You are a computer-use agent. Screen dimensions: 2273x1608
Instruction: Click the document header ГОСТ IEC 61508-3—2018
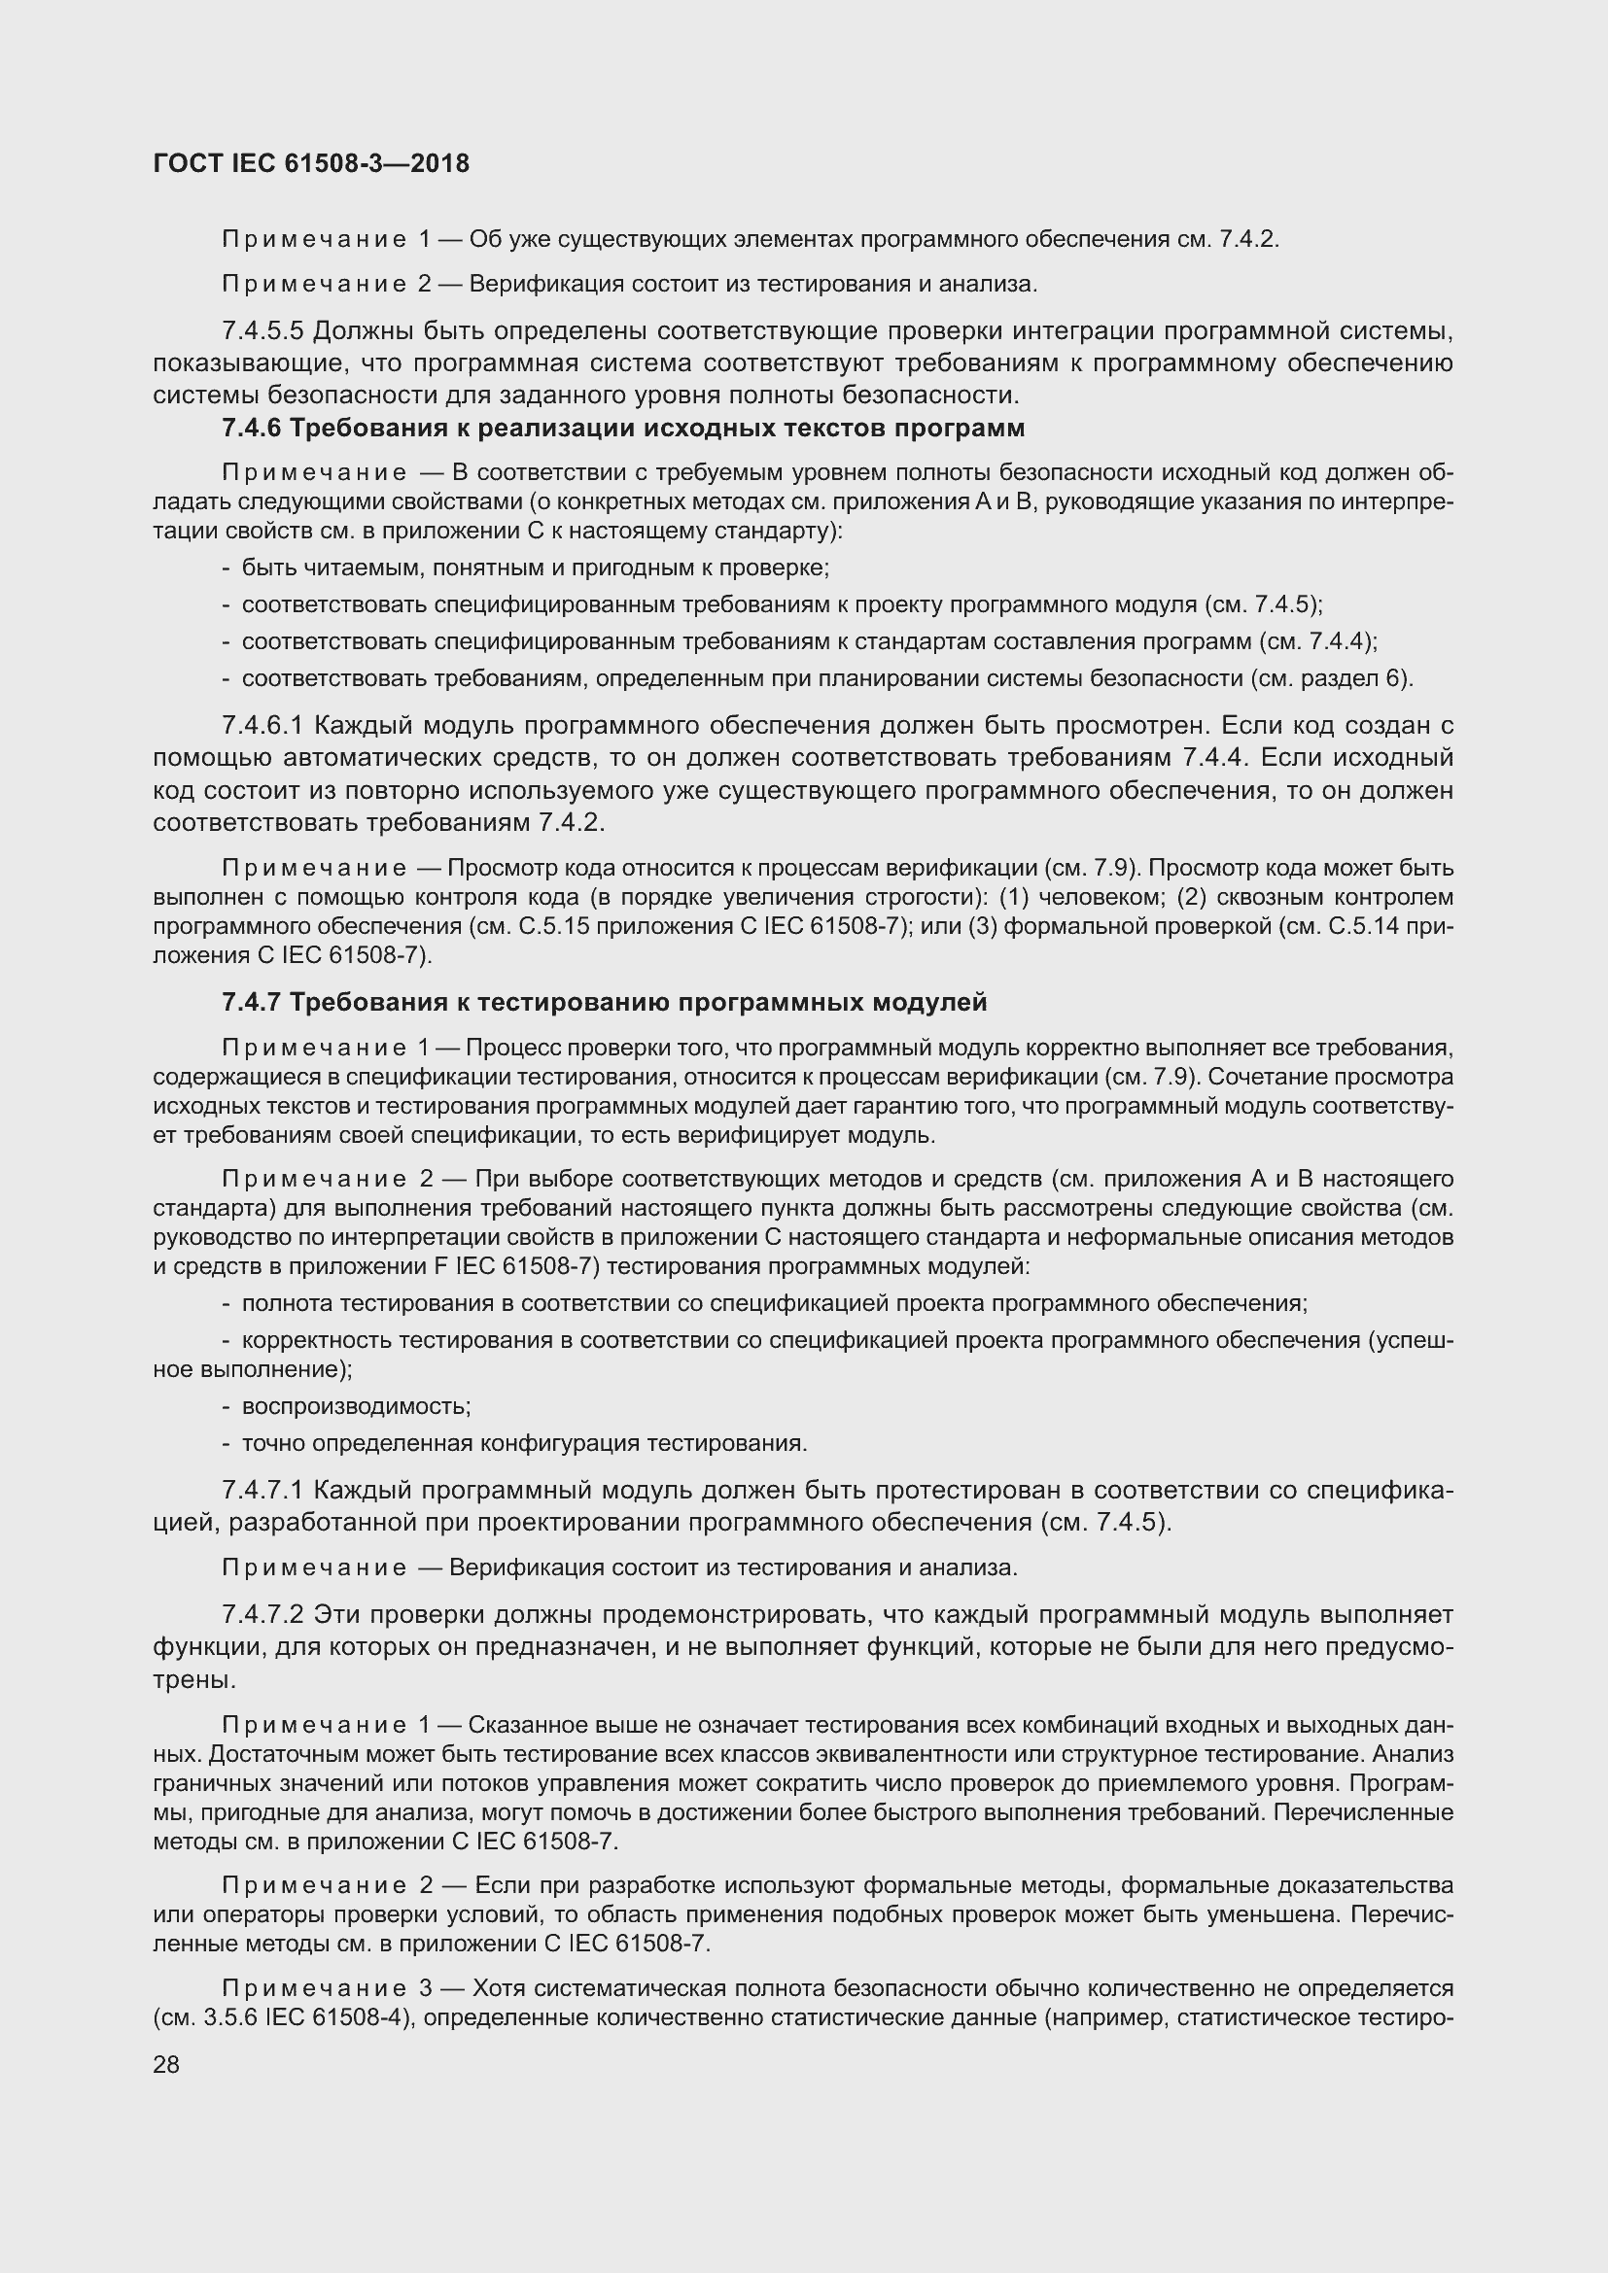[x=311, y=164]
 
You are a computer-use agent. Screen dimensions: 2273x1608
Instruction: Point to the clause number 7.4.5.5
[x=262, y=329]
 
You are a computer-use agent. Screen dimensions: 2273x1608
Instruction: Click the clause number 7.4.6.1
[x=262, y=726]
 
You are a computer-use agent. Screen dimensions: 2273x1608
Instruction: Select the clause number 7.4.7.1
[x=262, y=1490]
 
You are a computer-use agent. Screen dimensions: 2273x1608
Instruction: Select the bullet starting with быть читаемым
[x=535, y=568]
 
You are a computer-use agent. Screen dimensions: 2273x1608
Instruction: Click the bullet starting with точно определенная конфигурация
[x=525, y=1443]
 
